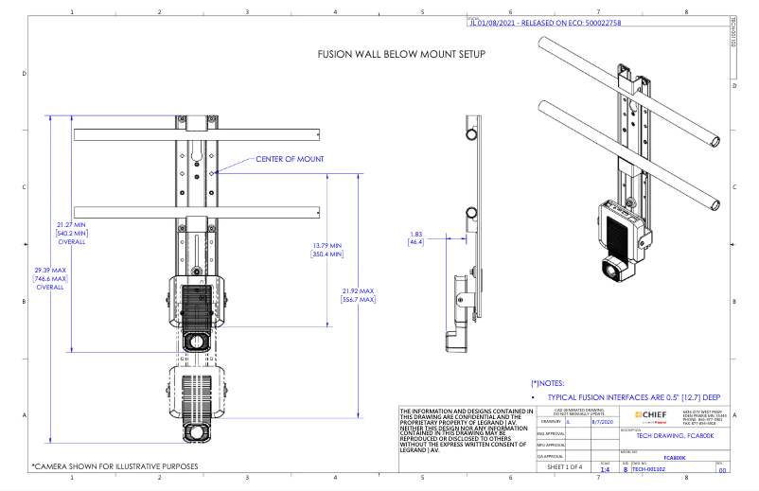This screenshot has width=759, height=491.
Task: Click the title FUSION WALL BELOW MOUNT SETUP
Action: click(400, 55)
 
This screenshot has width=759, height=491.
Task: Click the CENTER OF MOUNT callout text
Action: click(290, 159)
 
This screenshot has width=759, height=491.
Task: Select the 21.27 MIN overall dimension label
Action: click(72, 229)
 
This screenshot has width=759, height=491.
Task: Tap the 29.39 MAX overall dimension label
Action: click(49, 275)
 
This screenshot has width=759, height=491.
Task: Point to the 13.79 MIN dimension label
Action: click(327, 250)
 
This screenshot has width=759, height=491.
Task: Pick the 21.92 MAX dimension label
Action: click(359, 295)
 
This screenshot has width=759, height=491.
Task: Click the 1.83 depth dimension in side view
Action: click(416, 238)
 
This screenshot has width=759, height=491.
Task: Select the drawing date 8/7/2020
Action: click(602, 423)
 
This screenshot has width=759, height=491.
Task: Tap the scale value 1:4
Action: click(605, 467)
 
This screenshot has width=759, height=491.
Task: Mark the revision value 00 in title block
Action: click(723, 468)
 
